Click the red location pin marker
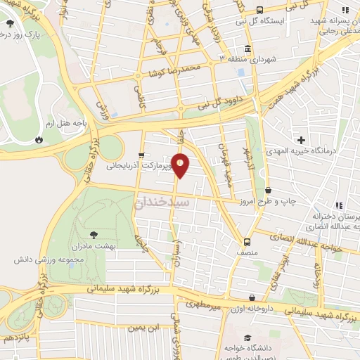pos(181,165)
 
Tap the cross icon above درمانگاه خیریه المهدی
pos(302,140)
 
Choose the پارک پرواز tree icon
pos(9,24)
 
